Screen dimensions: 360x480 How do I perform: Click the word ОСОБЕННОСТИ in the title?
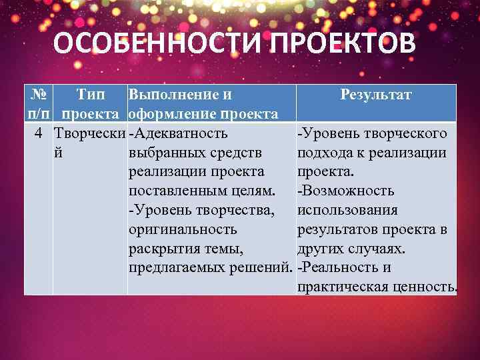[x=153, y=45]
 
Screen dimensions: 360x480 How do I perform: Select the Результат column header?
[x=376, y=95]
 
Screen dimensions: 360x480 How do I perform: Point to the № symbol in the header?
[x=39, y=95]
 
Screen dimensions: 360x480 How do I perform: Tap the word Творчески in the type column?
[x=89, y=133]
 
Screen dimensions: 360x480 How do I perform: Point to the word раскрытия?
[x=159, y=249]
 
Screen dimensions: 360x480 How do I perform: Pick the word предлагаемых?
[x=174, y=268]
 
